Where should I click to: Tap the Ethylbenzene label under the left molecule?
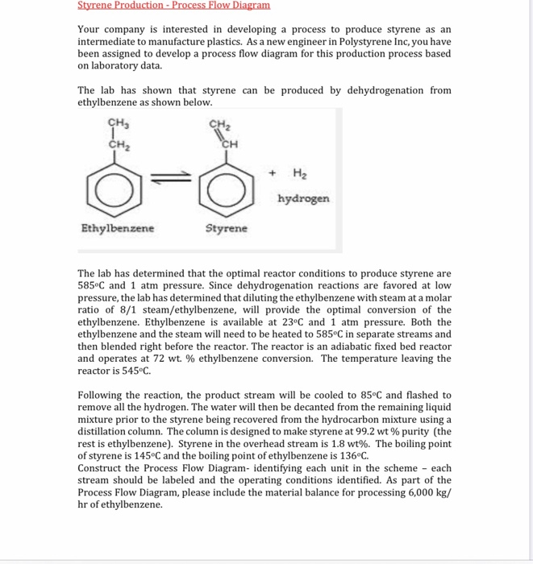[119, 228]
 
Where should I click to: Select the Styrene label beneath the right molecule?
[227, 229]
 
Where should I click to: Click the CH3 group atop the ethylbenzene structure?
[119, 123]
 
